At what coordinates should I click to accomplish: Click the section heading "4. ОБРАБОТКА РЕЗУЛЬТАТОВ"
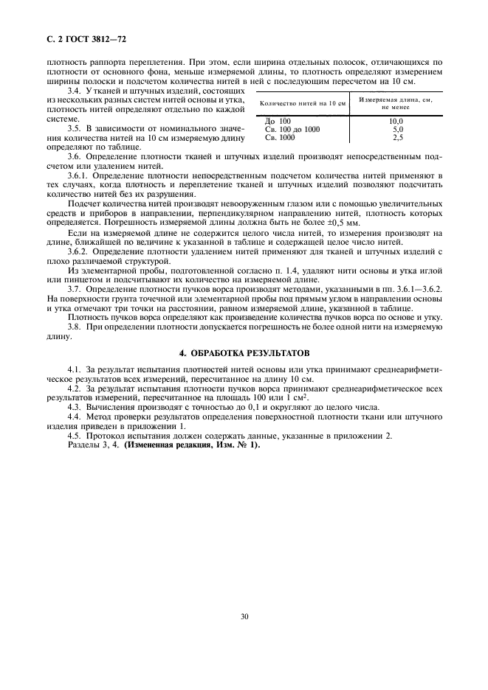(x=244, y=352)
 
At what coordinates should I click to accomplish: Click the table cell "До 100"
(x=278, y=121)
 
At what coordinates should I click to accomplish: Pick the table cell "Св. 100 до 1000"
(x=292, y=129)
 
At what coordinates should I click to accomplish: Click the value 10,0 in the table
(x=396, y=121)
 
